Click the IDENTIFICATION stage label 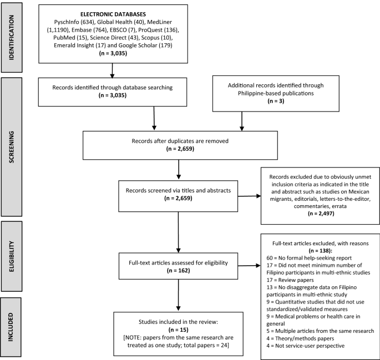tap(12, 38)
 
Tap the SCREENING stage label tap(12, 147)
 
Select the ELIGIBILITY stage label tap(12, 256)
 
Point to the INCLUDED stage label tap(11, 327)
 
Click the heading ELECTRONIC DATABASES tap(113, 14)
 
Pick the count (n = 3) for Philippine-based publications tap(276, 101)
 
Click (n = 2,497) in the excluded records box tap(321, 214)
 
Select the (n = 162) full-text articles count tap(179, 270)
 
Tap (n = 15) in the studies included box tap(179, 329)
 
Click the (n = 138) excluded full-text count tap(321, 251)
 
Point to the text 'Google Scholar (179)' tap(145, 45)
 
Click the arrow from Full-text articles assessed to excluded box tap(249, 266)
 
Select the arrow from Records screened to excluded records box tap(249, 196)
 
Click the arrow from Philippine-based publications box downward tap(242, 121)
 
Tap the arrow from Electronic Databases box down tap(112, 71)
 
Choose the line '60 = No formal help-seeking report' tap(309, 258)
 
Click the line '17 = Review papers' tap(290, 280)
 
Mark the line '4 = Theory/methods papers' tap(300, 338)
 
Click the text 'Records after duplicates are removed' tap(180, 141)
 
